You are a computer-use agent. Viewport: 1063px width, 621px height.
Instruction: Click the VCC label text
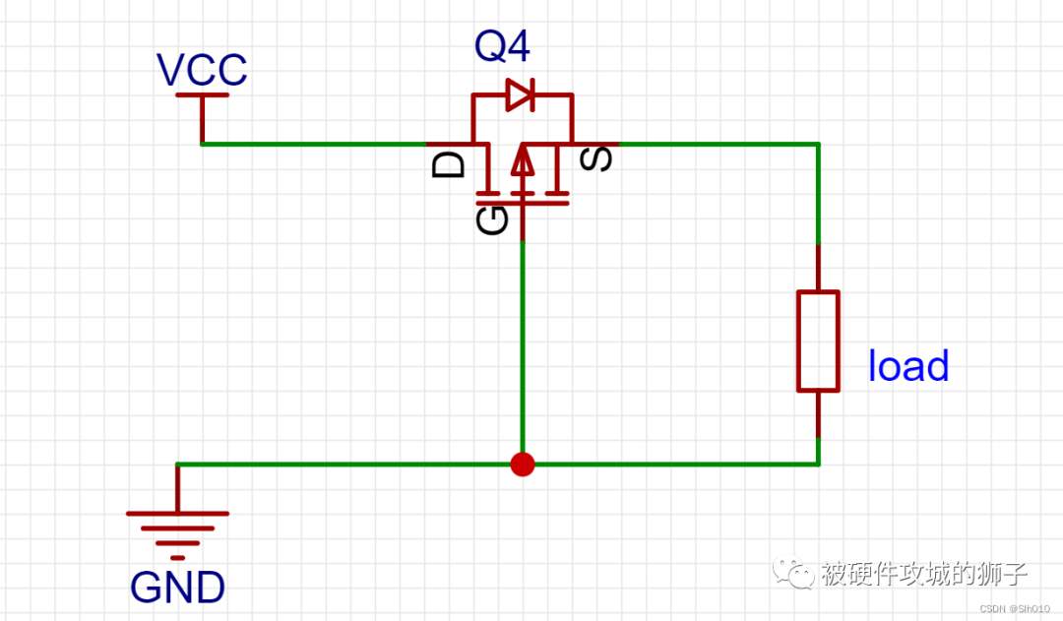point(202,69)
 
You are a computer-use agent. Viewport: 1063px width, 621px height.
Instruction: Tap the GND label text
point(177,588)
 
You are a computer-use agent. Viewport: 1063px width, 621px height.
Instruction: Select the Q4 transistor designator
point(502,46)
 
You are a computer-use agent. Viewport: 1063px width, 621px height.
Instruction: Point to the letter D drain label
point(448,164)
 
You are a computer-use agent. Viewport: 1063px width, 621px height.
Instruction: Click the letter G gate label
point(492,220)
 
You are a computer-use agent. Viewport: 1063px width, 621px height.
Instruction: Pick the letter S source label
point(596,159)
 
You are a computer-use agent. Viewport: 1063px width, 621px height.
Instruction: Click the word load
point(908,365)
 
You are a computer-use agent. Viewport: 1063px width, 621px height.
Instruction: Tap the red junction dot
point(522,465)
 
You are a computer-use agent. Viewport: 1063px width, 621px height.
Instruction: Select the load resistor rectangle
point(818,341)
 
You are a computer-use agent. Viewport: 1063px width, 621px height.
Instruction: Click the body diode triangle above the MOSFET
point(521,94)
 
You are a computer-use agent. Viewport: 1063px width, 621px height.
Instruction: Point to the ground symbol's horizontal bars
point(177,535)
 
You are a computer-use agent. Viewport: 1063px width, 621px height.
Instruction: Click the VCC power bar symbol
point(202,94)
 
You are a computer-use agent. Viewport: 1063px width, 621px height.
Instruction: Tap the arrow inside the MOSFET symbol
point(522,161)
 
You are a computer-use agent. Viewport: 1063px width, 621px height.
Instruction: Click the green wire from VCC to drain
point(314,144)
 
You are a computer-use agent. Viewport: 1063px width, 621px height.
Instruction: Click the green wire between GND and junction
point(344,465)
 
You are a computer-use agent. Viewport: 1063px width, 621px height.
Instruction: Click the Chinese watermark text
point(924,574)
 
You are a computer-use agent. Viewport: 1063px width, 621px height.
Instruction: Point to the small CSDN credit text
point(1015,609)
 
